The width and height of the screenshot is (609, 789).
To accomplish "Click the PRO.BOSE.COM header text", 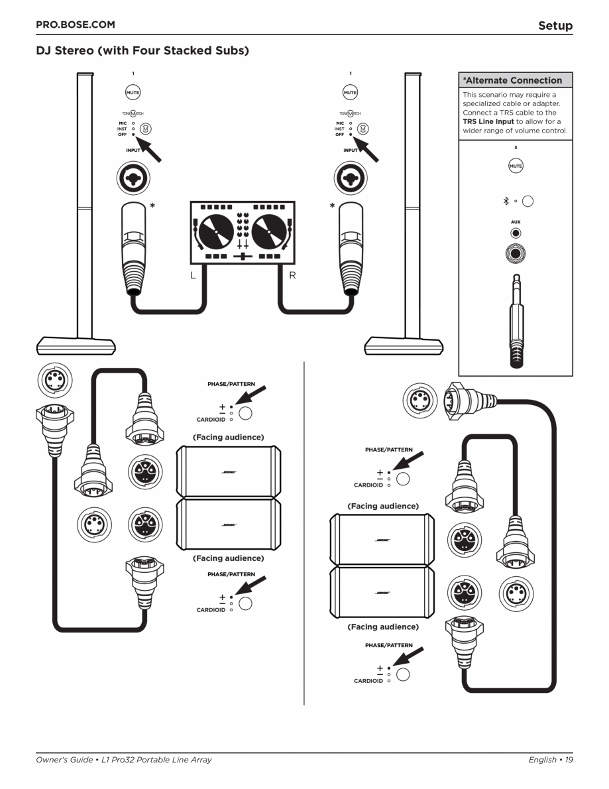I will point(75,25).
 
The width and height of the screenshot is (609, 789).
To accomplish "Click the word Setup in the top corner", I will point(555,26).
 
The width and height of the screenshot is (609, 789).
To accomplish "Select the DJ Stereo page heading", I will point(142,50).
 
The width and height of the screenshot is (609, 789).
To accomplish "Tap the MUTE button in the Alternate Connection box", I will point(516,166).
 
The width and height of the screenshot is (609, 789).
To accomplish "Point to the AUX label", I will point(515,223).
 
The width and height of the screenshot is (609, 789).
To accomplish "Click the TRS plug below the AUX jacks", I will point(516,318).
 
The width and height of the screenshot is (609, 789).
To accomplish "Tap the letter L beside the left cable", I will point(193,274).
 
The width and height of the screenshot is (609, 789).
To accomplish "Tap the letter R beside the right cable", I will point(292,274).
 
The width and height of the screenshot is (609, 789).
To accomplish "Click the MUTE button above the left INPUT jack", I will point(133,93).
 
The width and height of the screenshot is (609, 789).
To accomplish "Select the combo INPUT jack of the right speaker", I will point(351,178).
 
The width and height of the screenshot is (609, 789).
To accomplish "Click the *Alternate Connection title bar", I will point(516,80).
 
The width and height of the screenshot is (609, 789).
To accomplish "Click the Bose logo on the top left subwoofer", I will point(229,471).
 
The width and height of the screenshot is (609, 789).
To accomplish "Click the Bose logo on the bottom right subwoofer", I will point(382,592).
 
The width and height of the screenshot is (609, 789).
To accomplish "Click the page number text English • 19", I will point(550,760).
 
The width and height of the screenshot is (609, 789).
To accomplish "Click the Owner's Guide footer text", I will point(124,760).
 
